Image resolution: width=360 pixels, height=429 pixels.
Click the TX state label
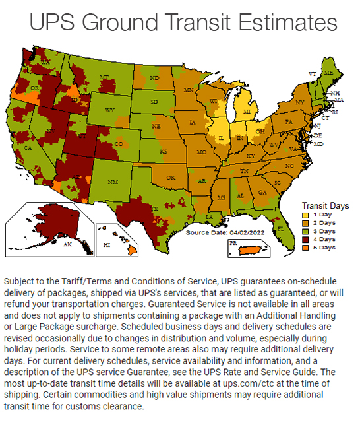coord(155,209)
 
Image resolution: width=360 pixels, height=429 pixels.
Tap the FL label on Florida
coord(280,228)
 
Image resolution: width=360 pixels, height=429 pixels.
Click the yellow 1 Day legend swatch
coord(306,215)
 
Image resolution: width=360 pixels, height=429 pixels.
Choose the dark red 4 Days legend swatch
coord(306,240)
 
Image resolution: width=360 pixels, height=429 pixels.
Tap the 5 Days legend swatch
coord(306,247)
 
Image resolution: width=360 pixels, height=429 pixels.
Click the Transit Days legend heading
coord(325,206)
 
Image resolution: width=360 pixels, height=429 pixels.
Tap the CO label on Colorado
coord(119,143)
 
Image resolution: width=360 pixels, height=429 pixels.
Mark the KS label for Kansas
coord(163,152)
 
